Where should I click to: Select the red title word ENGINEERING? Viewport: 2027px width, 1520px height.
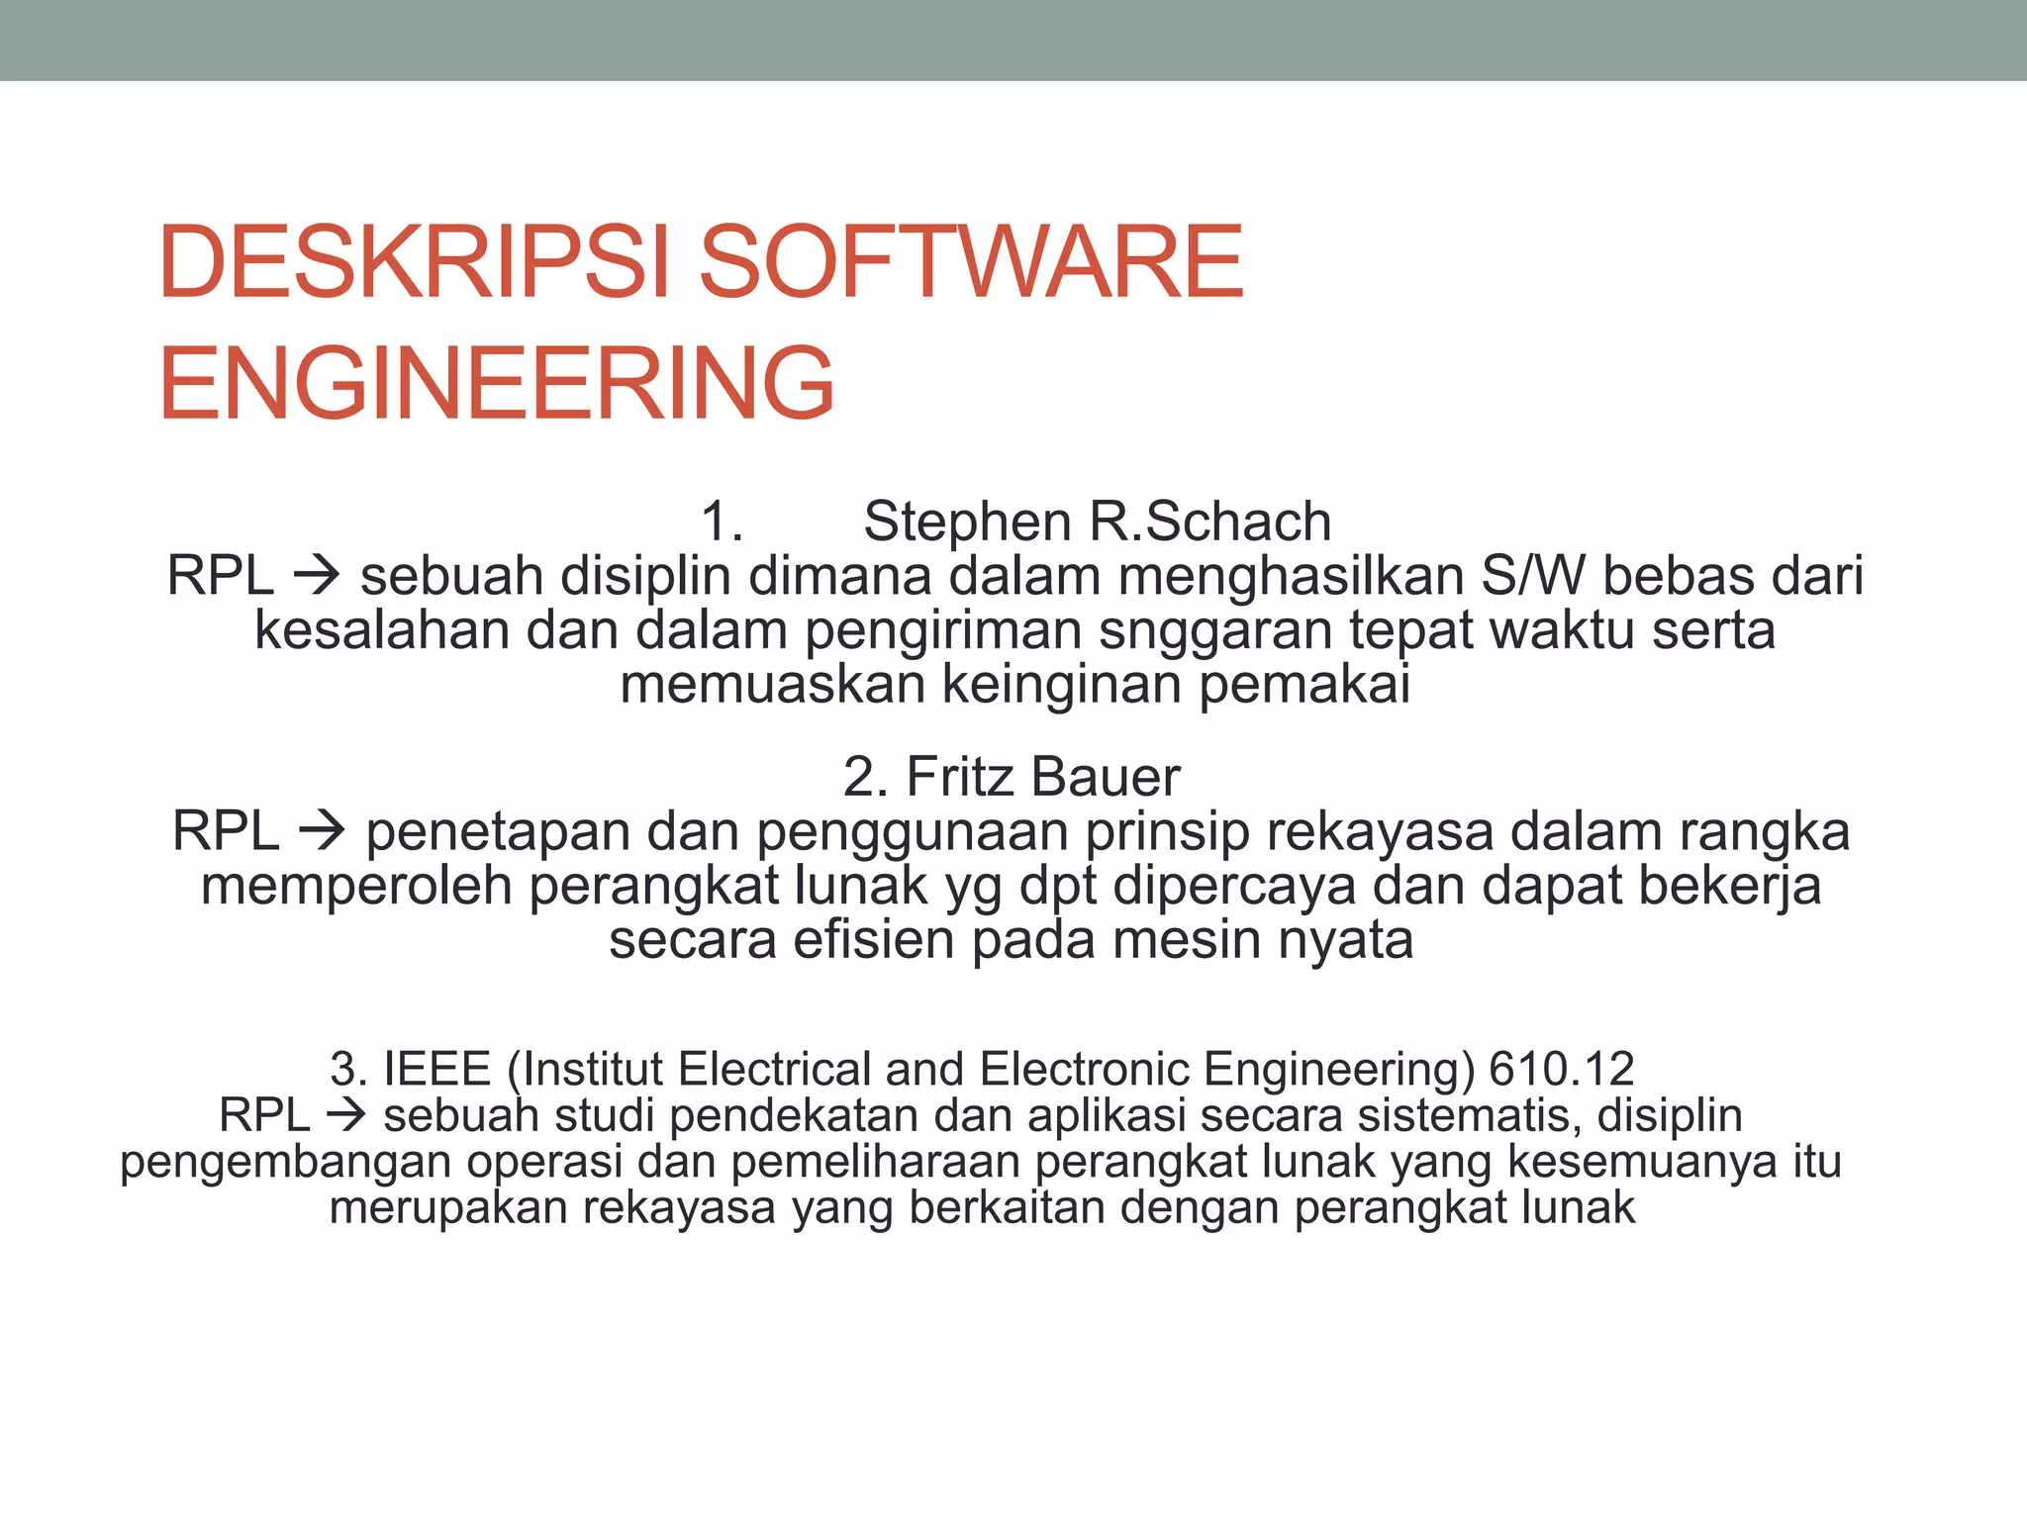pos(496,383)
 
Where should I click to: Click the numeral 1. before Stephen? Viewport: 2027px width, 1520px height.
pos(722,522)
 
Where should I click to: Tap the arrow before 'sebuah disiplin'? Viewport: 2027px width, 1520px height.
pos(317,576)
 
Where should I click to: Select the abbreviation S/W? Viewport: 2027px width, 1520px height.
pos(1532,576)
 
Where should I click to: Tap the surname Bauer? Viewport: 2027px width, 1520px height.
pos(1106,777)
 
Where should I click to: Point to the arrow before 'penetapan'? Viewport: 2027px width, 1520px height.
pos(323,831)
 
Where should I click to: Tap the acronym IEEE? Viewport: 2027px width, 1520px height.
pos(436,1069)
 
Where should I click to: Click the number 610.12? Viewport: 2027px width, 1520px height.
pos(1562,1069)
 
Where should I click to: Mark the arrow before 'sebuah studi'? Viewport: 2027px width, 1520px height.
pos(345,1116)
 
